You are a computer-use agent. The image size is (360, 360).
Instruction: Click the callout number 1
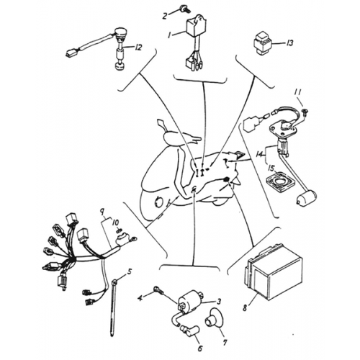tap(170, 33)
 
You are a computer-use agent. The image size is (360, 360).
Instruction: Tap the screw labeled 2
tap(186, 11)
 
